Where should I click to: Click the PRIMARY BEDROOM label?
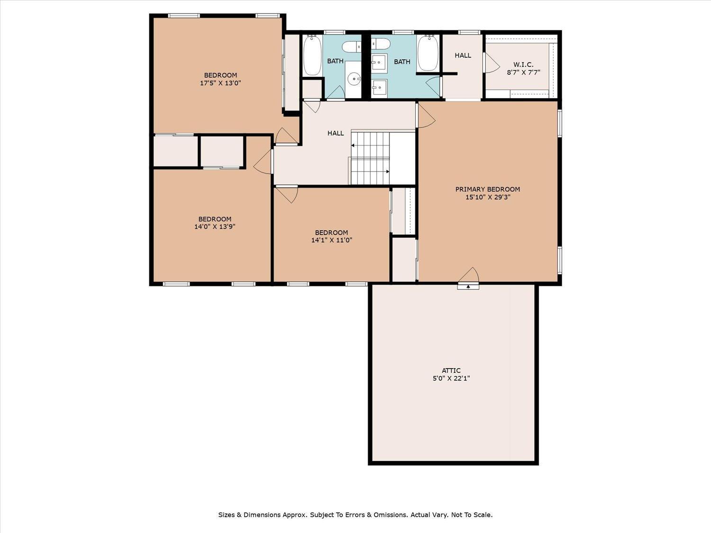coord(487,189)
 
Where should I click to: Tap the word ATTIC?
coord(451,370)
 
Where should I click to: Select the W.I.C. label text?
coord(523,64)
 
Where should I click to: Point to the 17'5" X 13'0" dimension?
coord(220,83)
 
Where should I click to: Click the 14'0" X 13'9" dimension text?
coord(215,226)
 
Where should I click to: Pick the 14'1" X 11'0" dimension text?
coord(331,240)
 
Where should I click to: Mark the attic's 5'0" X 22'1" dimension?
coord(451,379)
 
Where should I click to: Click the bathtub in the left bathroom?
coord(312,55)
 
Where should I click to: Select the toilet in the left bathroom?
coord(351,46)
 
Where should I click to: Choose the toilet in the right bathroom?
coord(380,45)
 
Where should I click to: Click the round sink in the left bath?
coord(354,78)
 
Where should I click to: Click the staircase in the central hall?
coord(370,158)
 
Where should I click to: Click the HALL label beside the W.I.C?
coord(463,55)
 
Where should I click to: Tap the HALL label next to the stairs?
coord(335,133)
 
